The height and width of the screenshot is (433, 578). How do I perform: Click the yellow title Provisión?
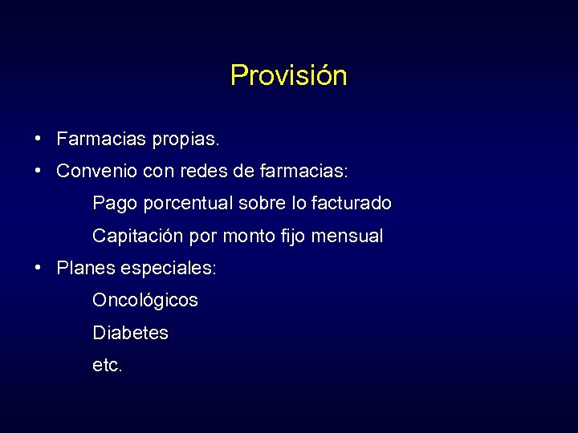[x=288, y=75]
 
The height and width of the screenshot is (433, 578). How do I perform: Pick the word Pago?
[x=116, y=204]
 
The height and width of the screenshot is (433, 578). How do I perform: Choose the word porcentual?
[x=187, y=204]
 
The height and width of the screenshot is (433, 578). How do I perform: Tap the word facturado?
[x=352, y=204]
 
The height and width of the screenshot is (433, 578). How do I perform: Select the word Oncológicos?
[x=144, y=301]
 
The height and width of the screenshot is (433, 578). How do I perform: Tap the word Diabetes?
[x=130, y=333]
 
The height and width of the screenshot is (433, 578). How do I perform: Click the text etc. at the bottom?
[x=108, y=366]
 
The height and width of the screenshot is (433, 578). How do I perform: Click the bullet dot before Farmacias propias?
[x=39, y=139]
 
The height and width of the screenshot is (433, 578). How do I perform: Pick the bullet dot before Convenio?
[x=39, y=171]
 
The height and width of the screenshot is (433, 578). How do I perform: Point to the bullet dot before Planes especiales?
[x=39, y=268]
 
